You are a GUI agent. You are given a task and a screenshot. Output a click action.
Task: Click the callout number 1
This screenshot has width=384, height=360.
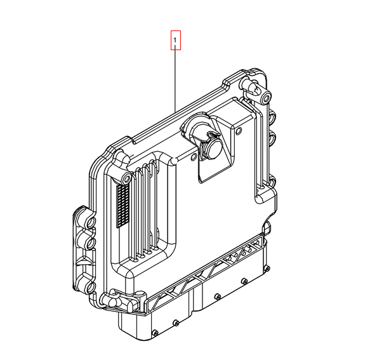click(175, 39)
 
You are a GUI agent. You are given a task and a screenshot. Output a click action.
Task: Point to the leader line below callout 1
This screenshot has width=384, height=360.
click(175, 77)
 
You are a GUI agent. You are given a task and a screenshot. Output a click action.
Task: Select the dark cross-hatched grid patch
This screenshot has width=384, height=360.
click(123, 206)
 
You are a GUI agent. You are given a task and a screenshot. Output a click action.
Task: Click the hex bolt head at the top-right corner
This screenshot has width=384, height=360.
click(267, 98)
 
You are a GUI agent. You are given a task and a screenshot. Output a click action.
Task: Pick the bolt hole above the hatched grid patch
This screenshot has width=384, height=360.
click(126, 180)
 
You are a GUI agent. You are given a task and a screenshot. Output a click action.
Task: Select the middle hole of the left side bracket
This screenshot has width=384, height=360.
click(90, 243)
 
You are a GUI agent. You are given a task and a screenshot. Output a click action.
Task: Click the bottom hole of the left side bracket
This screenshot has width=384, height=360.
click(90, 287)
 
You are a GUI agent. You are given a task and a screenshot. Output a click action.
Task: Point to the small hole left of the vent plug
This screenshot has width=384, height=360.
click(194, 157)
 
